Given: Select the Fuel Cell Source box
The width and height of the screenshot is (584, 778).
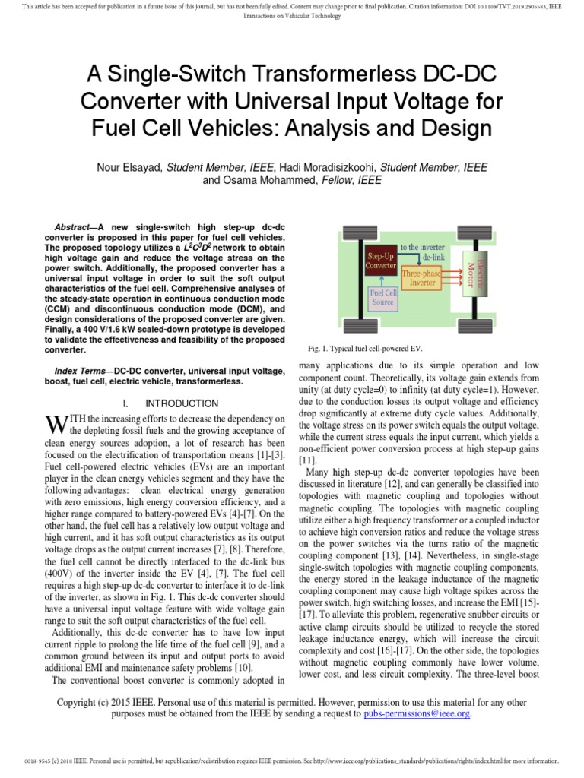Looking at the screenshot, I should [x=382, y=297].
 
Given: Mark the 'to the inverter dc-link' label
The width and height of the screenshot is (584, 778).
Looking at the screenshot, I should [x=423, y=252].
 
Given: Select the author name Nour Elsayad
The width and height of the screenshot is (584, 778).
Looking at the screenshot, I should [x=128, y=167].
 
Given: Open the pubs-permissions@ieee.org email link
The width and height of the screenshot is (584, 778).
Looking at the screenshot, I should [x=417, y=714].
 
